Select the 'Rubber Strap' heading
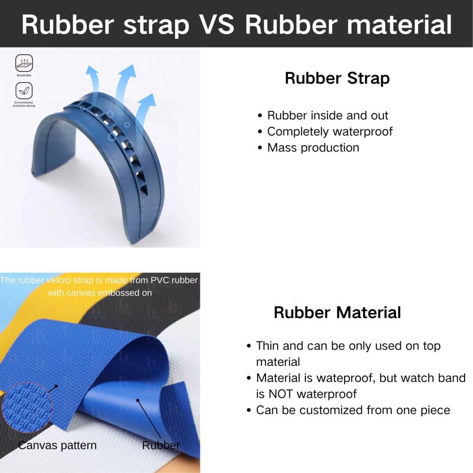coord(337,78)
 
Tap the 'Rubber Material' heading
coord(337,312)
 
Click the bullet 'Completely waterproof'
coord(330,132)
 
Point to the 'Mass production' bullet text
coord(313,148)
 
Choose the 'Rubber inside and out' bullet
coord(327,115)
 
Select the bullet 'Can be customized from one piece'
coord(353,410)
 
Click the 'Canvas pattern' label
coord(57,445)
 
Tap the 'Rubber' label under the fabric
coord(161,445)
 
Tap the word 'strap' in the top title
coord(157,24)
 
